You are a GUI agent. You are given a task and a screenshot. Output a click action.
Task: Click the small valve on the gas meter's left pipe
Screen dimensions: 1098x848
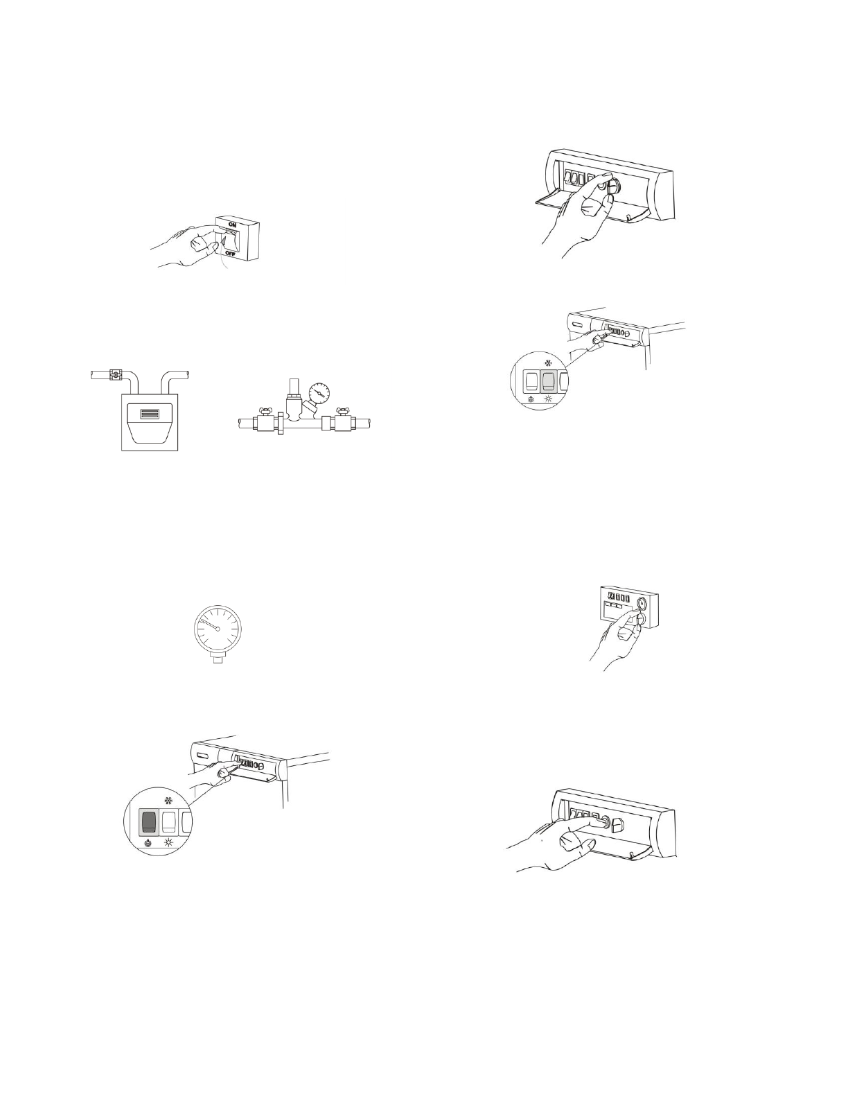click(115, 376)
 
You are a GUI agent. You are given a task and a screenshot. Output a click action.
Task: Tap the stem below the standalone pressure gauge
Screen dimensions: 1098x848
click(217, 661)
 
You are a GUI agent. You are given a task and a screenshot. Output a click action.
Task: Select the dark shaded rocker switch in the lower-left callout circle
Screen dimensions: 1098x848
click(149, 822)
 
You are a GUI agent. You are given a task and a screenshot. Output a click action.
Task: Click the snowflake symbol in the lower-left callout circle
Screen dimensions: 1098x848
click(168, 800)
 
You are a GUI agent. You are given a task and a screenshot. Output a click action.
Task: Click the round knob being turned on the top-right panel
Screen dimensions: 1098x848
click(615, 186)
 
